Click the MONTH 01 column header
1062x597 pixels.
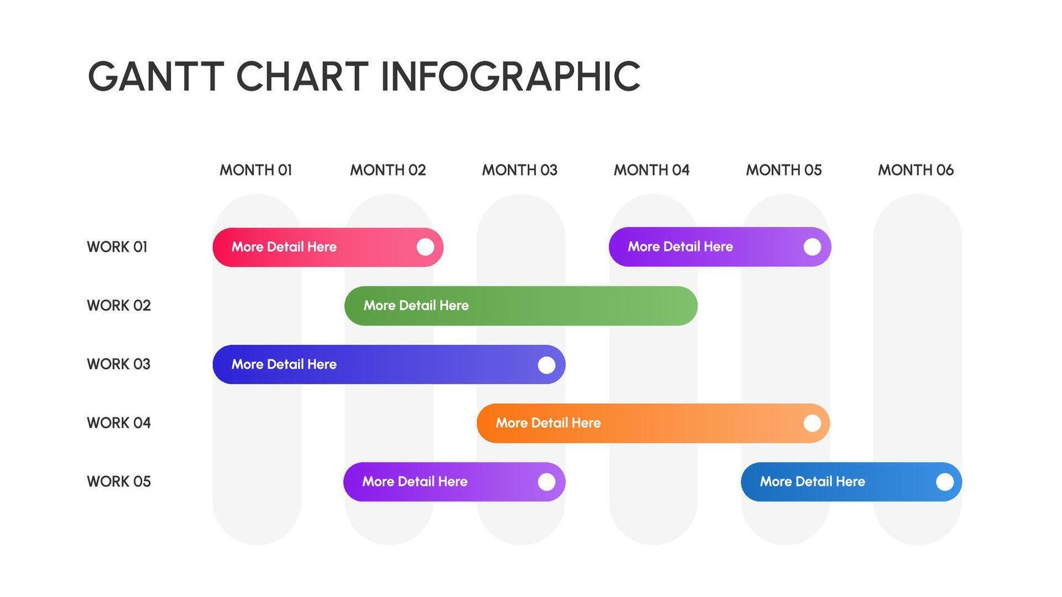pos(255,170)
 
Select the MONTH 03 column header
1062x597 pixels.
pos(519,170)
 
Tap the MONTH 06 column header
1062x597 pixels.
pos(915,170)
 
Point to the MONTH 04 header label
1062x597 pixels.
pos(651,170)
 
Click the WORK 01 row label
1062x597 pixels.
pos(117,247)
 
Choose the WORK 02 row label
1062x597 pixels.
pos(118,305)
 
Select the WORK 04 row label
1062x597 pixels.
pos(118,423)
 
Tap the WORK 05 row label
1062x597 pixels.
pos(118,481)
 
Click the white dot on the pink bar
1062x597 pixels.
pos(425,247)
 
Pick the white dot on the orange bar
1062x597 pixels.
pos(812,423)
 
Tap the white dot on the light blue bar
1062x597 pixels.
pos(944,482)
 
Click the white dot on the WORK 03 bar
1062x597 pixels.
pos(546,365)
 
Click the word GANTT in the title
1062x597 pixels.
pos(155,77)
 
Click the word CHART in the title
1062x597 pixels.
pos(302,77)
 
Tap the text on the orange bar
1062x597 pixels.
pos(548,423)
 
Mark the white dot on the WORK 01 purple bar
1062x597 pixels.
pos(812,247)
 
